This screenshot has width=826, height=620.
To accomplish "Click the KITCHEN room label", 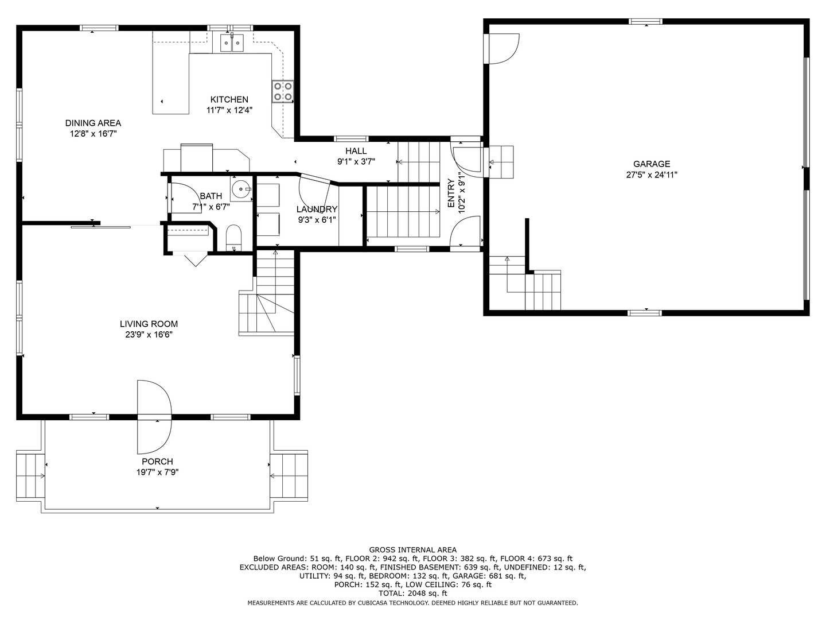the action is (229, 100).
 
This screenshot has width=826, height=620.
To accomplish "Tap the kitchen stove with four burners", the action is (283, 91).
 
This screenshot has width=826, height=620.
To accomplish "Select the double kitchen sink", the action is (231, 42).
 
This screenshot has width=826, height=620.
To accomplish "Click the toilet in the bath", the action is (233, 238).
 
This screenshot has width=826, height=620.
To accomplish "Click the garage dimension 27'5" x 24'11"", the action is (652, 175).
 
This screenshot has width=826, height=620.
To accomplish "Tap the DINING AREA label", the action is (93, 123).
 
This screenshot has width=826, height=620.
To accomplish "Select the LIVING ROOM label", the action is (149, 324).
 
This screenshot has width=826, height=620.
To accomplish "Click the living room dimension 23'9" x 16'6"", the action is (149, 335).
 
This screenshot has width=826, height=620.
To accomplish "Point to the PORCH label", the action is (157, 462).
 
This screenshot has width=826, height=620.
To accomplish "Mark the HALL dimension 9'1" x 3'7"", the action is (356, 162).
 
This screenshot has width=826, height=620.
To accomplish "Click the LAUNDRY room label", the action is (317, 210).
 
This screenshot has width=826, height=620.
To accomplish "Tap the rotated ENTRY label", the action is (451, 193).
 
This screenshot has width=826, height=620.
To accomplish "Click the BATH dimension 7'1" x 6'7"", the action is (211, 207).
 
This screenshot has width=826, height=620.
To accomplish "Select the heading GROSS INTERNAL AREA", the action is (413, 550).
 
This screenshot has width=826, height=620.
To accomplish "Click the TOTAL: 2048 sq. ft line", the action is (413, 594).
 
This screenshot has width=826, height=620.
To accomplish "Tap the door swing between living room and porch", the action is (154, 417).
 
